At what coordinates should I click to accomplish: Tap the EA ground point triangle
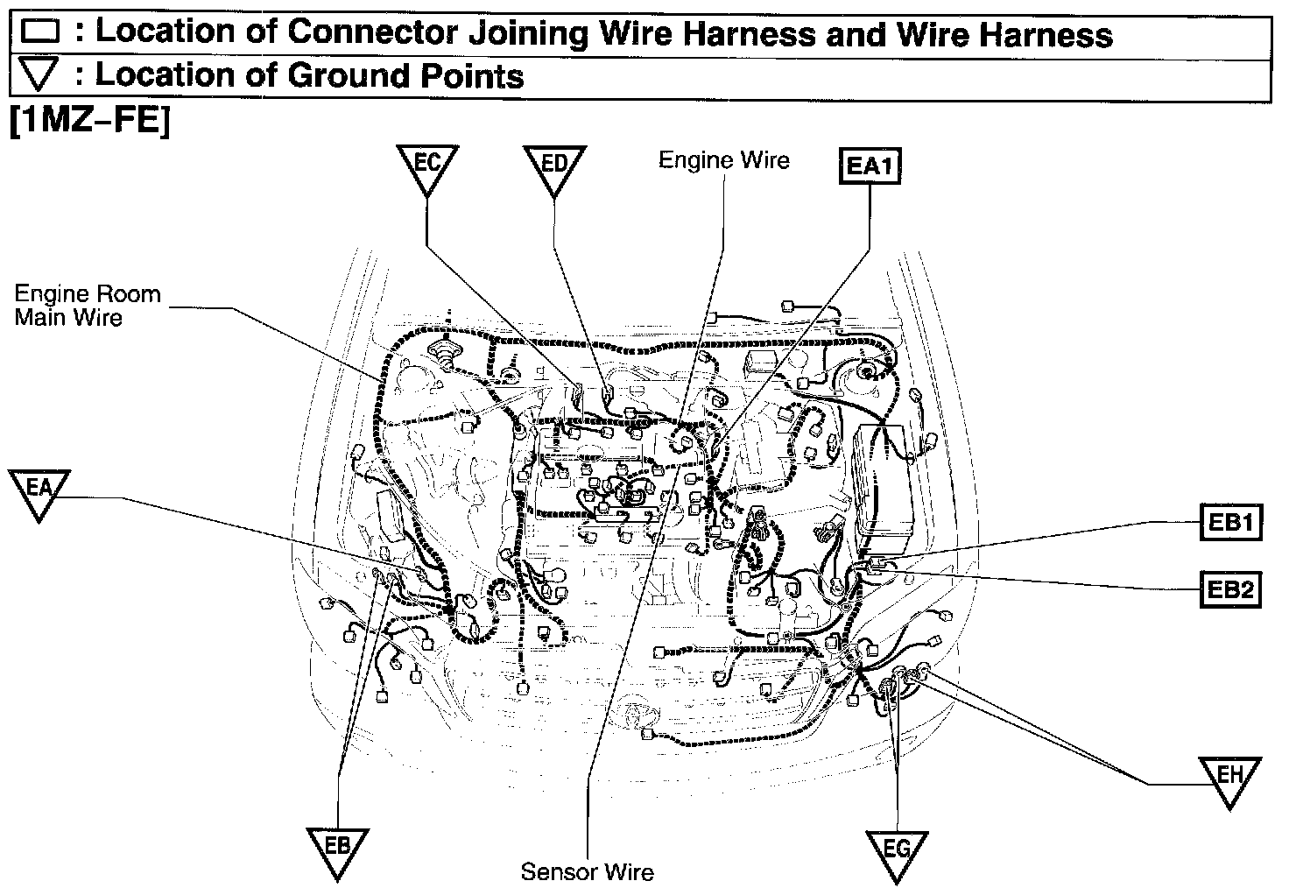tap(39, 491)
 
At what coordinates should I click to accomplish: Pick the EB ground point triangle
tap(337, 849)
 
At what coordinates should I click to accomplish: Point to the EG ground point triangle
tap(897, 851)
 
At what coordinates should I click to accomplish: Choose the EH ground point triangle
tap(1230, 779)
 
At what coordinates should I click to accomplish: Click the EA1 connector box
tap(870, 166)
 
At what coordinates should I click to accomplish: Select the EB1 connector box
tap(1229, 524)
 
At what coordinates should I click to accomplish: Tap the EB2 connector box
tap(1229, 589)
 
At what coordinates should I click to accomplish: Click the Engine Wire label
tap(723, 160)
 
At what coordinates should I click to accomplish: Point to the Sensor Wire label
tap(587, 872)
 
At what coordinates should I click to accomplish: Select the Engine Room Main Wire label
tap(88, 305)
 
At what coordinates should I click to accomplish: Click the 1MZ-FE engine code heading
tap(88, 122)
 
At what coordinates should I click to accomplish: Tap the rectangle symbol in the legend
tap(40, 33)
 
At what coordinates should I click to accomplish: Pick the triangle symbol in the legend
tap(39, 75)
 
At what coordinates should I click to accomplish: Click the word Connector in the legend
tap(372, 32)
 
